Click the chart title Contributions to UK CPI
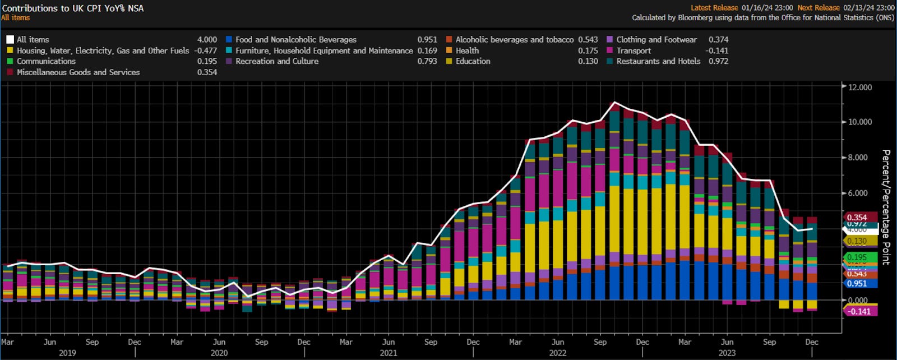pos(73,8)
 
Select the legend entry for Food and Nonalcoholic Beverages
pos(295,40)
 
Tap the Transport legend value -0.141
pos(717,50)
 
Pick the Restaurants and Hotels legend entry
pos(658,61)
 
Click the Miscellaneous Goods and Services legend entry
pos(78,72)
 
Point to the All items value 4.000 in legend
pos(207,40)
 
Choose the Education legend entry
pos(473,61)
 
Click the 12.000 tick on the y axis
pos(860,87)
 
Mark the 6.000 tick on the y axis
pos(860,193)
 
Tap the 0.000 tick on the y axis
pos(858,300)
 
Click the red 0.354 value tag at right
pos(857,218)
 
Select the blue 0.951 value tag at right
pos(857,283)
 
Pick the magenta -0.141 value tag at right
pos(859,311)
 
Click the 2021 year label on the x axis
pos(388,353)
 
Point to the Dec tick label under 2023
pos(811,341)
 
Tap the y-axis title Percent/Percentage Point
pos(886,207)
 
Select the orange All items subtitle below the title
pos(16,18)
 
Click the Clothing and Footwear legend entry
pos(656,40)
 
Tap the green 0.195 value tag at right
pos(857,257)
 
